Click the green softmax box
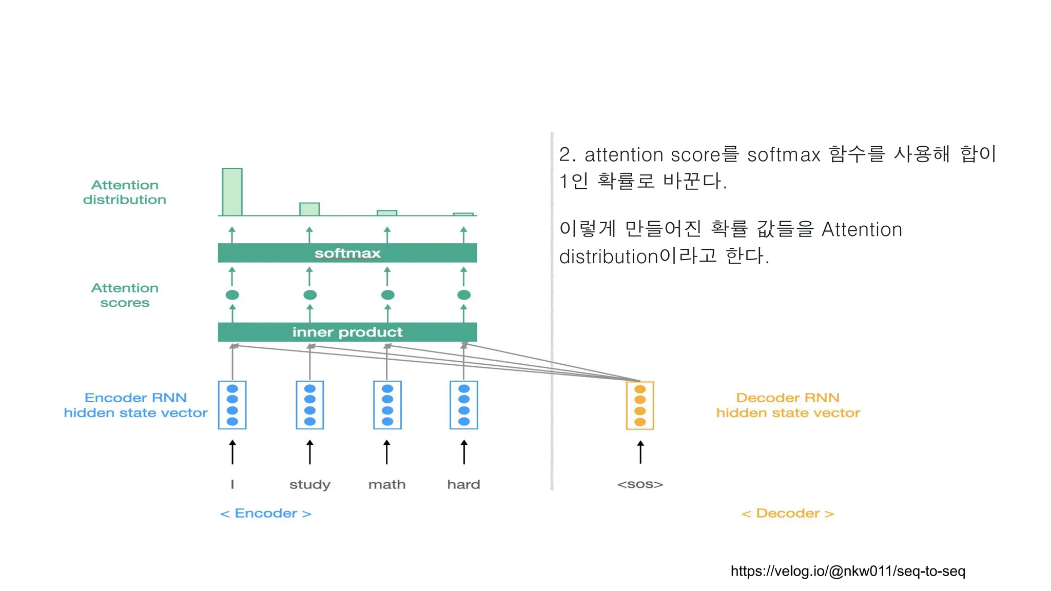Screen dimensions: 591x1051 [x=347, y=253]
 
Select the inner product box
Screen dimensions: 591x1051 [x=347, y=332]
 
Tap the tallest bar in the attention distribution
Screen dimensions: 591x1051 [x=232, y=192]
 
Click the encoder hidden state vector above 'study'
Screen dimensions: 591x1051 [x=309, y=405]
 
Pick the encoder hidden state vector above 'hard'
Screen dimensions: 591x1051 [x=463, y=405]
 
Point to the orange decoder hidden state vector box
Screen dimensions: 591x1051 [x=640, y=405]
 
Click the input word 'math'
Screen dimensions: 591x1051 [x=387, y=484]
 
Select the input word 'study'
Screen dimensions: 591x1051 [x=309, y=485]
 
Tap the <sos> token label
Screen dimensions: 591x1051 [x=640, y=484]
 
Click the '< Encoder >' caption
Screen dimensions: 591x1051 [x=266, y=514]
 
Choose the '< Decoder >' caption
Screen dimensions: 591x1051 [x=788, y=514]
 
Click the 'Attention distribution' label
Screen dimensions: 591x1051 [x=125, y=192]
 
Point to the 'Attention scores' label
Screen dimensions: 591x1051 [x=125, y=295]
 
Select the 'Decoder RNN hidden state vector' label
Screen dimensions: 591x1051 [x=788, y=405]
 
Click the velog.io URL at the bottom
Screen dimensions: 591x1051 [x=848, y=571]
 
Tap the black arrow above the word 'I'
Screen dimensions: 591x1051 [x=232, y=452]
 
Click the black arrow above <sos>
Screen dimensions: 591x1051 [x=640, y=452]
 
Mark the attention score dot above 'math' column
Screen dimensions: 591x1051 [x=387, y=295]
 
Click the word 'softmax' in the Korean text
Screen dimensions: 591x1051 [x=784, y=154]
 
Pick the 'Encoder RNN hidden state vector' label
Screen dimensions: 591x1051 [x=135, y=405]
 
